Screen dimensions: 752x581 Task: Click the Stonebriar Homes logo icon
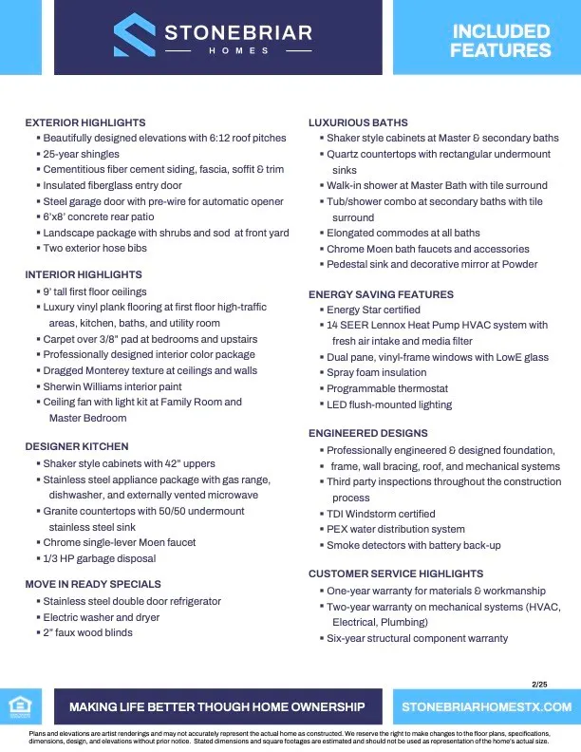point(135,35)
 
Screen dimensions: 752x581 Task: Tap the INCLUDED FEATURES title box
point(500,40)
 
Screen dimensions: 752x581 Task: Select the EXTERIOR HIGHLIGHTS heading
point(85,122)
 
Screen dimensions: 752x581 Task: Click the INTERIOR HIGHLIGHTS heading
point(84,274)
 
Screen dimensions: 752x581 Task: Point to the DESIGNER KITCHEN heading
point(77,446)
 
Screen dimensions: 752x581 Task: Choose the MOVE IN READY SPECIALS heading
point(93,584)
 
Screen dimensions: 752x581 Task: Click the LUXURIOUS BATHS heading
point(358,122)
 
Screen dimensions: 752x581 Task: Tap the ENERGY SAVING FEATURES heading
point(381,294)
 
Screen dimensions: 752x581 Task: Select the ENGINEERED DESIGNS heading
point(367,433)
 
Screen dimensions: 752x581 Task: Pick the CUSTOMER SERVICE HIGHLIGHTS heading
point(396,573)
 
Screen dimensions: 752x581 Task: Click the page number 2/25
point(540,685)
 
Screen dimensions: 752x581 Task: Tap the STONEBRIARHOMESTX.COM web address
point(486,707)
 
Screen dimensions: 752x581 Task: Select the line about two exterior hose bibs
point(95,248)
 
